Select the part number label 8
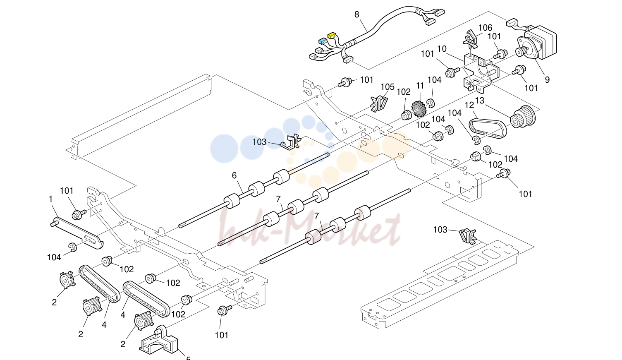click(357, 14)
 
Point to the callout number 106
click(485, 27)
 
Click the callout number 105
click(388, 87)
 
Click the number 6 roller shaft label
click(234, 175)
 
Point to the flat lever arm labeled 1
click(77, 233)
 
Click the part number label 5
click(188, 358)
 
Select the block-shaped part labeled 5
click(158, 341)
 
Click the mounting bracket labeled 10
click(480, 74)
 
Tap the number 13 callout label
click(480, 100)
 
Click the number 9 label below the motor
click(547, 80)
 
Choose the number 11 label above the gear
click(420, 86)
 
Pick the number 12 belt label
click(469, 105)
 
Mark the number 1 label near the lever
click(50, 199)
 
